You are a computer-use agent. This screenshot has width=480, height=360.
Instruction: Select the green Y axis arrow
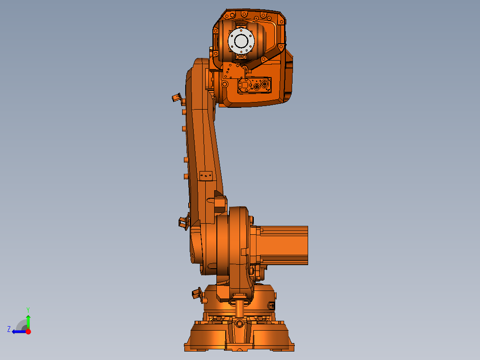(x=28, y=321)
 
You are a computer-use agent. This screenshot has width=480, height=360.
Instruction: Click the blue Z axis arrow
(x=18, y=331)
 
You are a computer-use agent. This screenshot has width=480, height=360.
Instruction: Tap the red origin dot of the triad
(x=28, y=331)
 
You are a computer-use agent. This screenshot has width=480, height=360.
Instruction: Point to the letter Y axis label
(x=28, y=309)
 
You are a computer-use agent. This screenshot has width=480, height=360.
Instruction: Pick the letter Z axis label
(x=9, y=329)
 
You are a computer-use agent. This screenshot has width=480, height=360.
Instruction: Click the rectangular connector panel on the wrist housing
(x=254, y=86)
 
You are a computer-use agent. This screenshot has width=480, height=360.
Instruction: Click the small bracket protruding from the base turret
(x=196, y=293)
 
